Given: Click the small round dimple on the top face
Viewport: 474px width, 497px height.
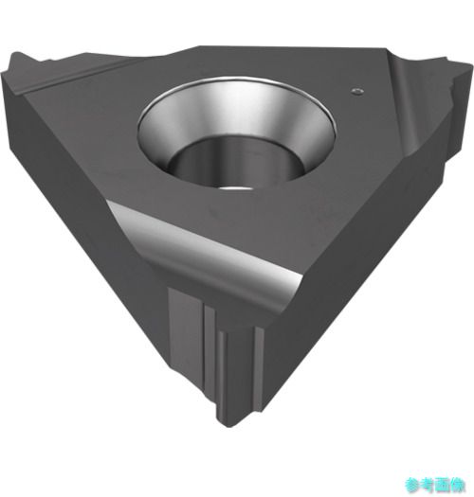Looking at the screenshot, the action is click(x=357, y=91).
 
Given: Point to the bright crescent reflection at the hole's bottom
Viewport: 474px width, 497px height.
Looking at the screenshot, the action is click(x=236, y=188).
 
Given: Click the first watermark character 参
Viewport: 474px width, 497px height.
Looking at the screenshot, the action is click(x=412, y=485).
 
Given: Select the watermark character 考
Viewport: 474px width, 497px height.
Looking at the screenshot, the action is click(x=427, y=485).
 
